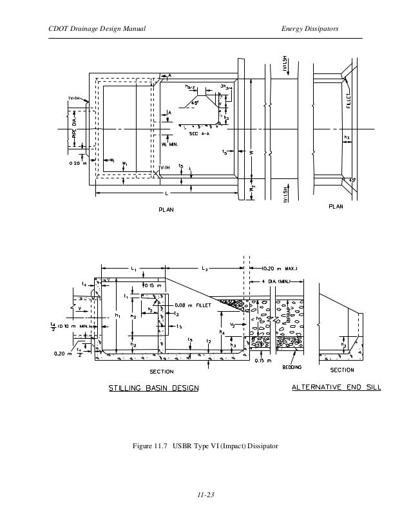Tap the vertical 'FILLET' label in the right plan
[349, 100]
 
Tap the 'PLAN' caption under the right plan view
[336, 207]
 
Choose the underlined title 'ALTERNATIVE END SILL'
[335, 388]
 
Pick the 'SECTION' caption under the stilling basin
[162, 372]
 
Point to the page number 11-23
[205, 495]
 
